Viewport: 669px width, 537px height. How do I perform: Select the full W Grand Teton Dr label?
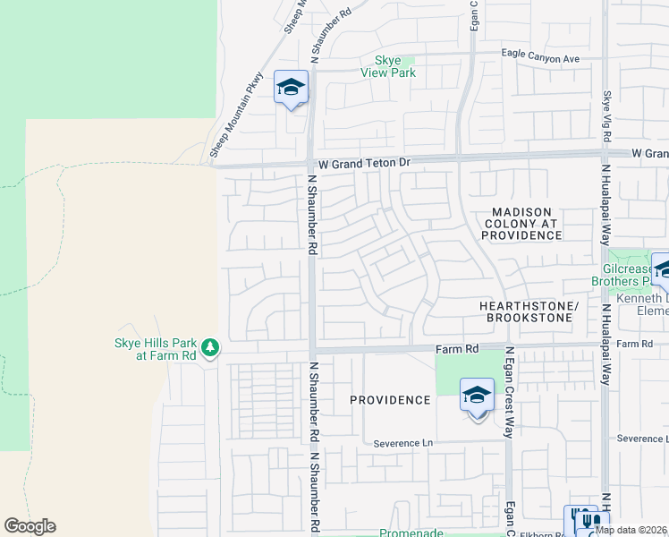pos(364,164)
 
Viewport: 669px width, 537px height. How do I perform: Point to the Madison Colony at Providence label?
pos(522,223)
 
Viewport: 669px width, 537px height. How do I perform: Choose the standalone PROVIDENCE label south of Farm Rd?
pos(390,400)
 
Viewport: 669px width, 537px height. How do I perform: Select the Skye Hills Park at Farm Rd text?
pos(154,348)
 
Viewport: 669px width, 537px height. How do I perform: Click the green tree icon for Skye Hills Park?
pos(209,346)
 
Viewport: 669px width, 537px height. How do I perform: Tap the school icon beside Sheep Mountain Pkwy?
pos(291,88)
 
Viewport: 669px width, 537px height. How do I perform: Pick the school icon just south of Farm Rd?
pos(477,395)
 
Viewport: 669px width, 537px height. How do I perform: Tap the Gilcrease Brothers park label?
pos(633,275)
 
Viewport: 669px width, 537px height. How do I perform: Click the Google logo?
pos(30,526)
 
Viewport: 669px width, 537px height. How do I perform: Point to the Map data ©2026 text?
pos(631,530)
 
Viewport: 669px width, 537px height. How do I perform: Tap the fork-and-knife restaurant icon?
pos(588,519)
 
